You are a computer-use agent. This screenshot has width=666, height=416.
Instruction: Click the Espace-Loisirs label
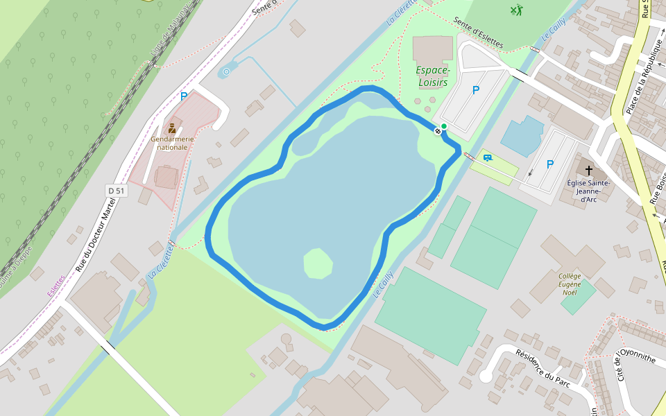pyautogui.click(x=434, y=76)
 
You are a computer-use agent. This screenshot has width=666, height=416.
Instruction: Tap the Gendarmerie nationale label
pyautogui.click(x=172, y=143)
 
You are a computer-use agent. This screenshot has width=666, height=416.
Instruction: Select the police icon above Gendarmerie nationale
pyautogui.click(x=172, y=128)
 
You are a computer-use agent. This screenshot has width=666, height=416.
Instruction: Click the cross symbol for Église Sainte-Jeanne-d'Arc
pyautogui.click(x=589, y=170)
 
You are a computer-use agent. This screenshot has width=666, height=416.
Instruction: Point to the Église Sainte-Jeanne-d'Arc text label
pyautogui.click(x=588, y=191)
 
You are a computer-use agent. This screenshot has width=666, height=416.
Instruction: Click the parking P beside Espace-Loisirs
pyautogui.click(x=476, y=90)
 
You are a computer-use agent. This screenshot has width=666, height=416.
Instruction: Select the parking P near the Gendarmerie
pyautogui.click(x=184, y=96)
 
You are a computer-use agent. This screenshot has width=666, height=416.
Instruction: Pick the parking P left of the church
pyautogui.click(x=550, y=164)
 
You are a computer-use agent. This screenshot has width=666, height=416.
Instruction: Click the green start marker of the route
pyautogui.click(x=444, y=126)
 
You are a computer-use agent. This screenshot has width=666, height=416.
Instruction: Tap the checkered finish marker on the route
pyautogui.click(x=438, y=131)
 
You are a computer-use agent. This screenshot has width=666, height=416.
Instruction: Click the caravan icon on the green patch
pyautogui.click(x=488, y=158)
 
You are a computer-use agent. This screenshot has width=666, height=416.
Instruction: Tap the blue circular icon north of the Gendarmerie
pyautogui.click(x=226, y=71)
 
